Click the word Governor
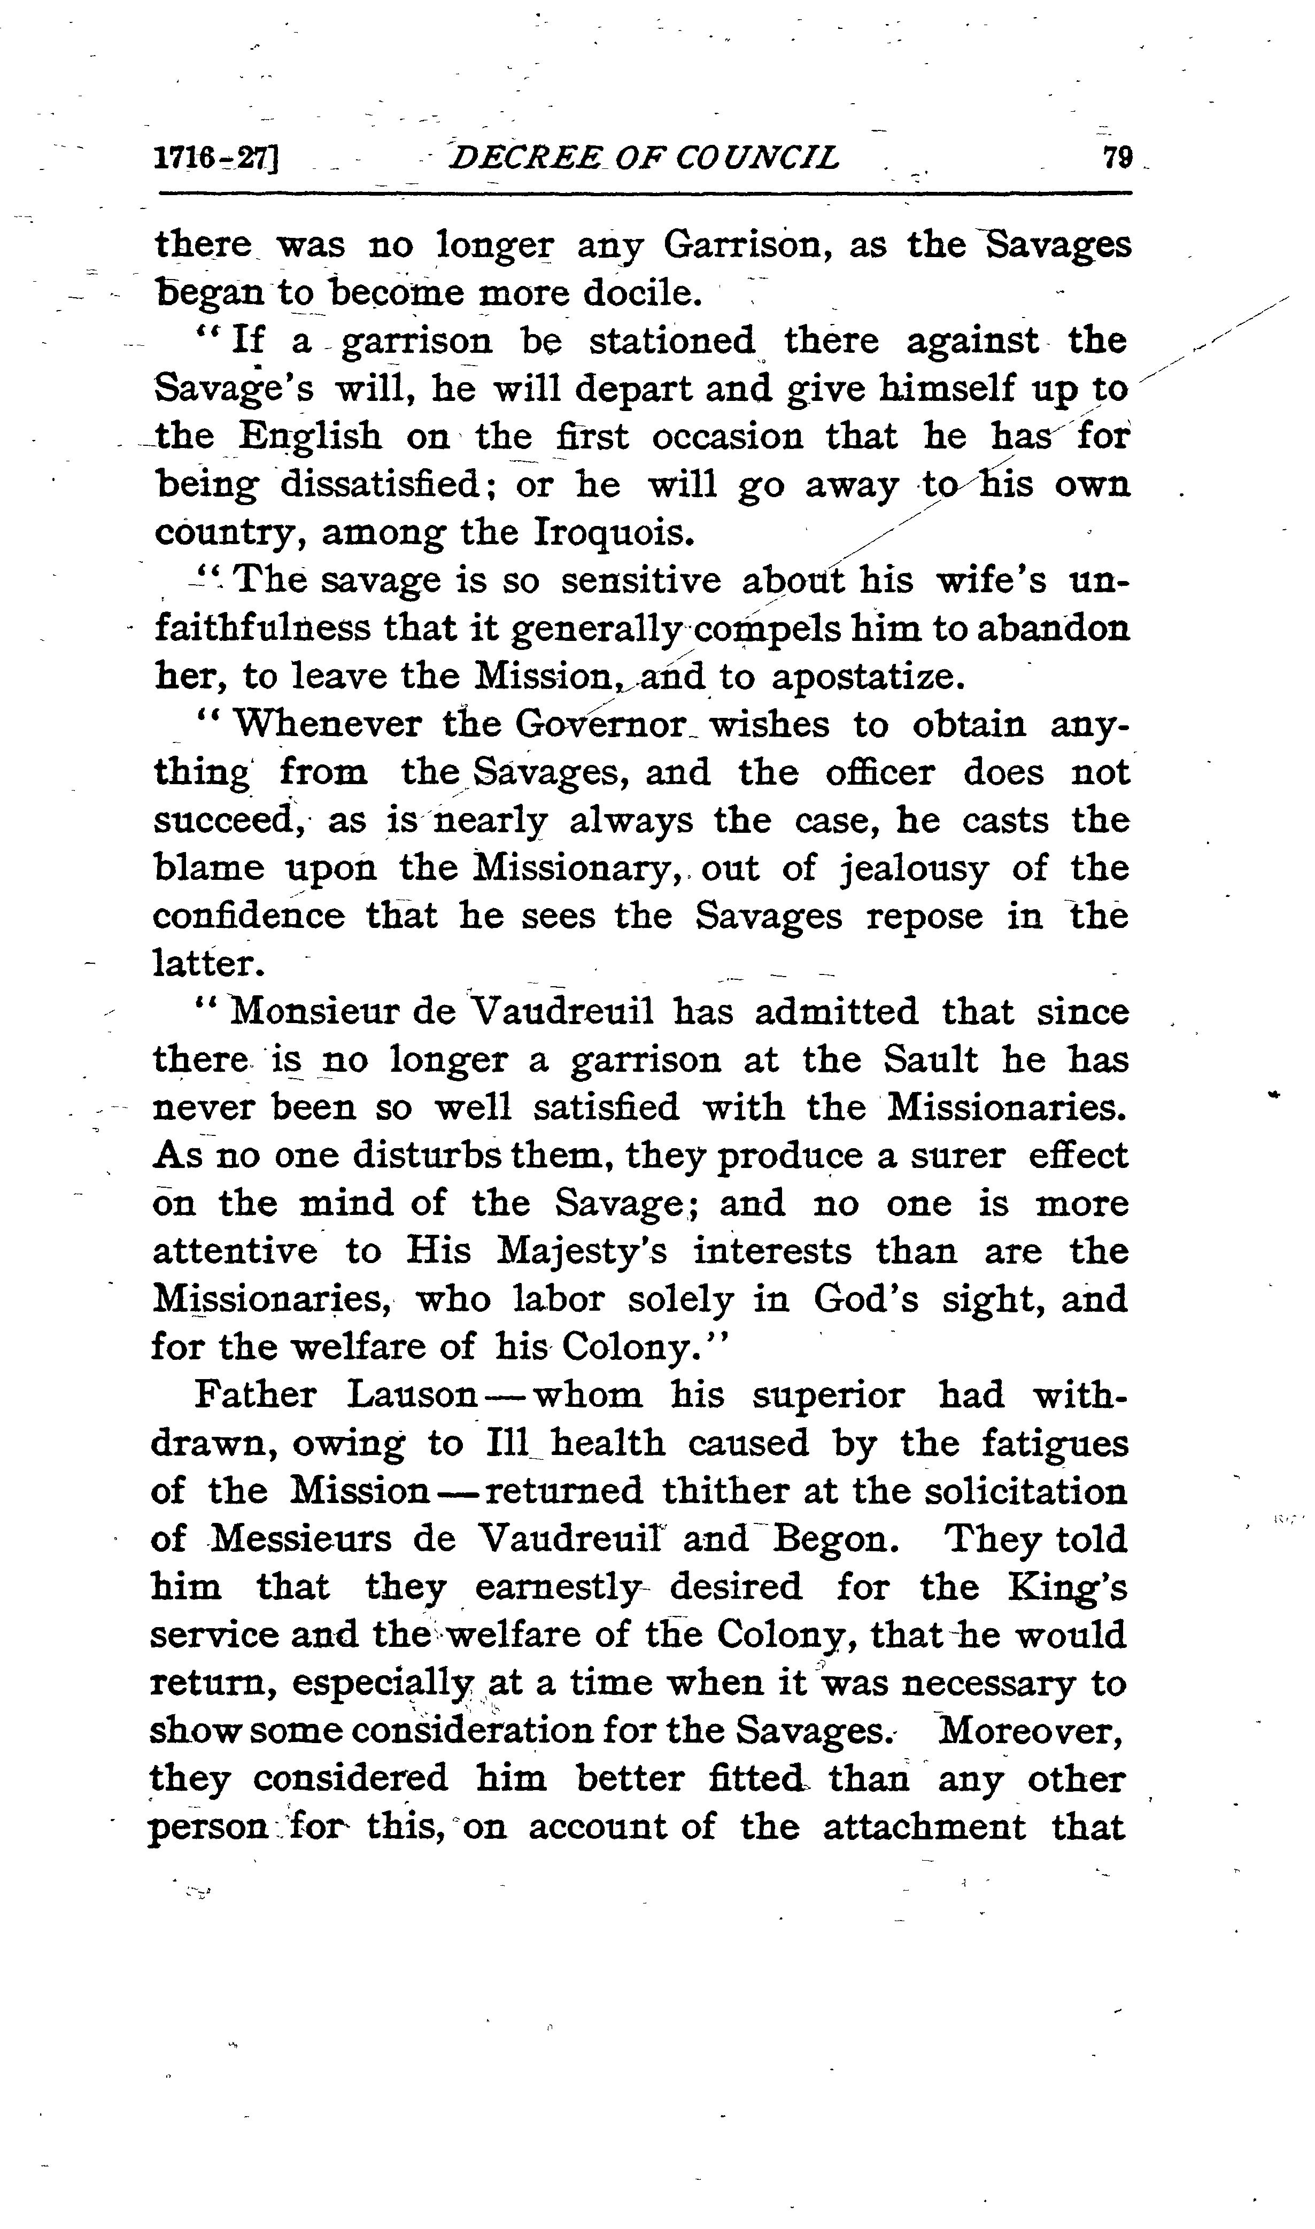click(602, 725)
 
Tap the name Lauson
click(413, 1395)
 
